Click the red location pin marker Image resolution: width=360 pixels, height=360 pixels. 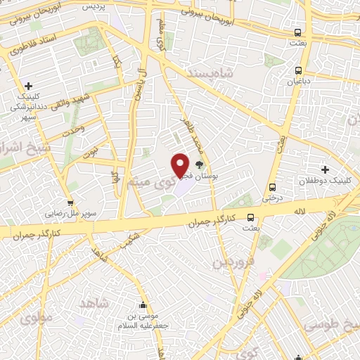click(181, 165)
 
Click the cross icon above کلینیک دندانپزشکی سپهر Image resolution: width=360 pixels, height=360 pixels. click(27, 85)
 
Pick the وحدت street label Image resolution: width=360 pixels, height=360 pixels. click(72, 129)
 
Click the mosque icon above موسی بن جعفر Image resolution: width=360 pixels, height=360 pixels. click(143, 305)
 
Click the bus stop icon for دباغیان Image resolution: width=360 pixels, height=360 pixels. click(299, 70)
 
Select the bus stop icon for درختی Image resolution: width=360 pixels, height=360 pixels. click(273, 187)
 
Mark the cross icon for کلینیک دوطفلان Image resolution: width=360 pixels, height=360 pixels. click(325, 169)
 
